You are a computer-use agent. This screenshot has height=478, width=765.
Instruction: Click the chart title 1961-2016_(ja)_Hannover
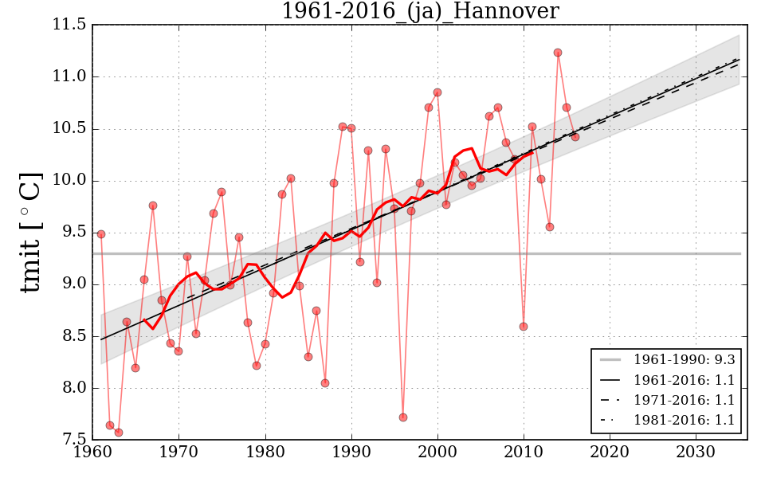point(420,11)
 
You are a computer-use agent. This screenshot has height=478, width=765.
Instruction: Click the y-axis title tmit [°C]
point(30,232)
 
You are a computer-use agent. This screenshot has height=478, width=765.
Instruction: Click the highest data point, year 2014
point(558,53)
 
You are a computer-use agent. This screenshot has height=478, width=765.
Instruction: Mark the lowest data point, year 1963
point(119,433)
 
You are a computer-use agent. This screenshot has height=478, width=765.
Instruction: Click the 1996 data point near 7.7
point(403,417)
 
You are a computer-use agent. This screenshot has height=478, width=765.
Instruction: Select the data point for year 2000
point(437,92)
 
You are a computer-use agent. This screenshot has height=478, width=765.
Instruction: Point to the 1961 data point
point(101,234)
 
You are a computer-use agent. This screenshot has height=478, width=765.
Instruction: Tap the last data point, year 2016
point(575,137)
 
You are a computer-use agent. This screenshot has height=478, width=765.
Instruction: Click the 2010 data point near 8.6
point(524,327)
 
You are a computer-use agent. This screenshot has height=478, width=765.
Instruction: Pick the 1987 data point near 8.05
point(325,383)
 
